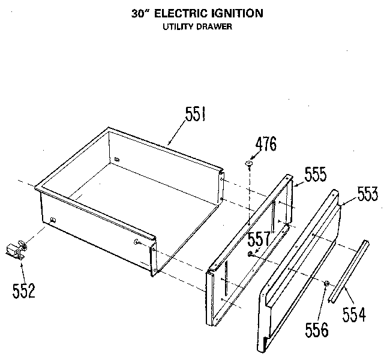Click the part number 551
coord(195,114)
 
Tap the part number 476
coord(266,143)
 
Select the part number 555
coord(316,174)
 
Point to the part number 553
coord(368,194)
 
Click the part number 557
coord(259,239)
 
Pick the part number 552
coord(24,290)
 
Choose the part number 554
coord(354,314)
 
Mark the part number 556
coord(317,329)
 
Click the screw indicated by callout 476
coord(249,164)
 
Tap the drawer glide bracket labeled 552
coord(16,250)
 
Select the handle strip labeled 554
coord(349,271)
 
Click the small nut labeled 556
coord(326,284)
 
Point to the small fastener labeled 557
coord(250,254)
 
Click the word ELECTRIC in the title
coord(181,13)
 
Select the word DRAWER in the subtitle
coord(214,26)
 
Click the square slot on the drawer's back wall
coord(118,160)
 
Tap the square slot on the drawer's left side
coord(53,220)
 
